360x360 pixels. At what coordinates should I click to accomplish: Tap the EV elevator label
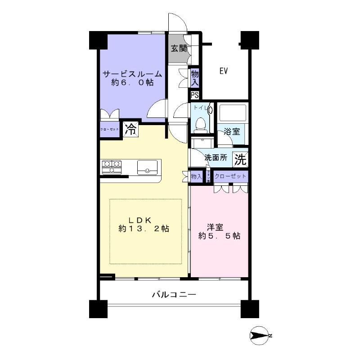pos(223,71)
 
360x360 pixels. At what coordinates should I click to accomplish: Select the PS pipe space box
pos(195,95)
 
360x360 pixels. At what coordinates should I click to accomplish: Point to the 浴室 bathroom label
pos(232,132)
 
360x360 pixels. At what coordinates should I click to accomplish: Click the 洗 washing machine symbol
pos(241,158)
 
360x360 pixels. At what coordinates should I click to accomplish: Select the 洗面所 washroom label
pos(216,158)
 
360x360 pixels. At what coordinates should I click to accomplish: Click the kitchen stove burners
pos(111,167)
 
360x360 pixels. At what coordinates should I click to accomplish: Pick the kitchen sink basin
pos(147,166)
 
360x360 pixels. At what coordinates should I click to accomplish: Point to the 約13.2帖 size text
pos(144,229)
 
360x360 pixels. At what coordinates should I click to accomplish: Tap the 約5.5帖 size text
pos(219,236)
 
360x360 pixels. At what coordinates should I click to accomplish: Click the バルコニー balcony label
pos(174,295)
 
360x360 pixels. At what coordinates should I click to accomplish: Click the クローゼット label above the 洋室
pos(230,176)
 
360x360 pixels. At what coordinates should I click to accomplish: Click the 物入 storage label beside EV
pos(195,78)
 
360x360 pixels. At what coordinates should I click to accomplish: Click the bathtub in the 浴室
pos(232,113)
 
